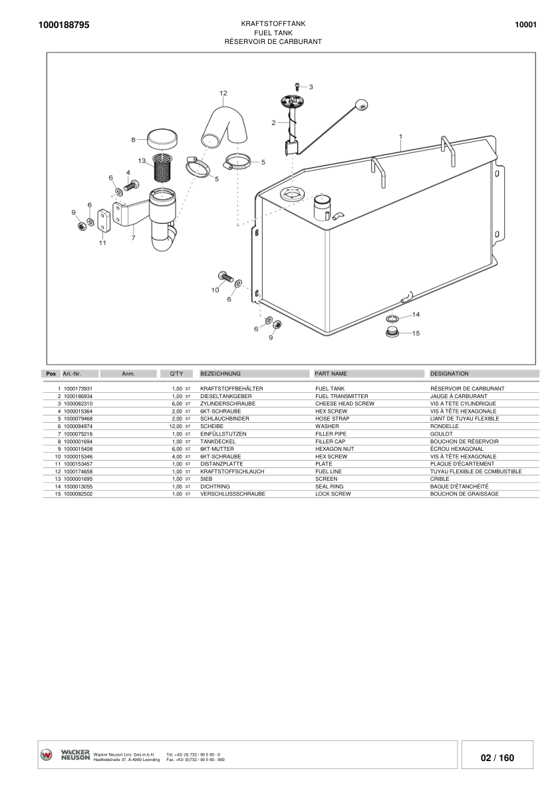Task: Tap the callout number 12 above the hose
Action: pyautogui.click(x=223, y=93)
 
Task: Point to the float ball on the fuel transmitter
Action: pyautogui.click(x=361, y=105)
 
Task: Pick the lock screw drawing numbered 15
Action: pyautogui.click(x=392, y=332)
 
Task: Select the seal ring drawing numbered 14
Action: pyautogui.click(x=392, y=319)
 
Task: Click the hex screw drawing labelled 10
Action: pyautogui.click(x=224, y=276)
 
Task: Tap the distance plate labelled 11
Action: pyautogui.click(x=104, y=220)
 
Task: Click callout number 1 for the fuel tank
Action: pyautogui.click(x=400, y=136)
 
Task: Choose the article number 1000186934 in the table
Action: pyautogui.click(x=78, y=397)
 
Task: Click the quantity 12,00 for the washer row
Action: pyautogui.click(x=176, y=426)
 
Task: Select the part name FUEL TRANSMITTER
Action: pyautogui.click(x=342, y=397)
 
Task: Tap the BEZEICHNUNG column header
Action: pyautogui.click(x=221, y=374)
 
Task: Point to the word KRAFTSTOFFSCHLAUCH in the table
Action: pyautogui.click(x=232, y=471)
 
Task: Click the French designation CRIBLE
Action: pyautogui.click(x=440, y=479)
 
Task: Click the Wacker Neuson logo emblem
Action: pyautogui.click(x=46, y=755)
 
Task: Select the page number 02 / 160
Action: pyautogui.click(x=497, y=758)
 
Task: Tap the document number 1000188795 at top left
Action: pyautogui.click(x=64, y=25)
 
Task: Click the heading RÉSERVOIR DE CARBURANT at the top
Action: pyautogui.click(x=273, y=41)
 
